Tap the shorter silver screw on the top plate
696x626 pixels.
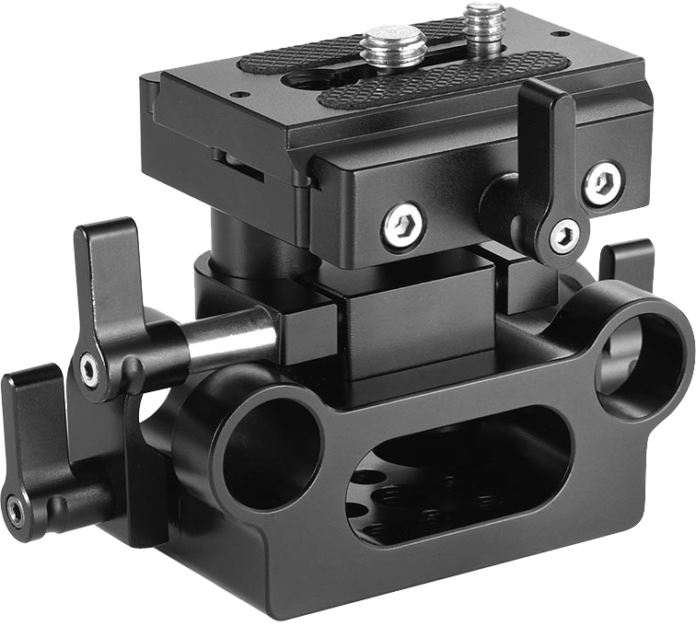(391, 46)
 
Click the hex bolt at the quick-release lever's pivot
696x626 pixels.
(564, 237)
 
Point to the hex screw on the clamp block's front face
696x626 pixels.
(403, 226)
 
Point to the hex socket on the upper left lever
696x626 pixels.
(89, 370)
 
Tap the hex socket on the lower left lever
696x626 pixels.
(17, 508)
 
